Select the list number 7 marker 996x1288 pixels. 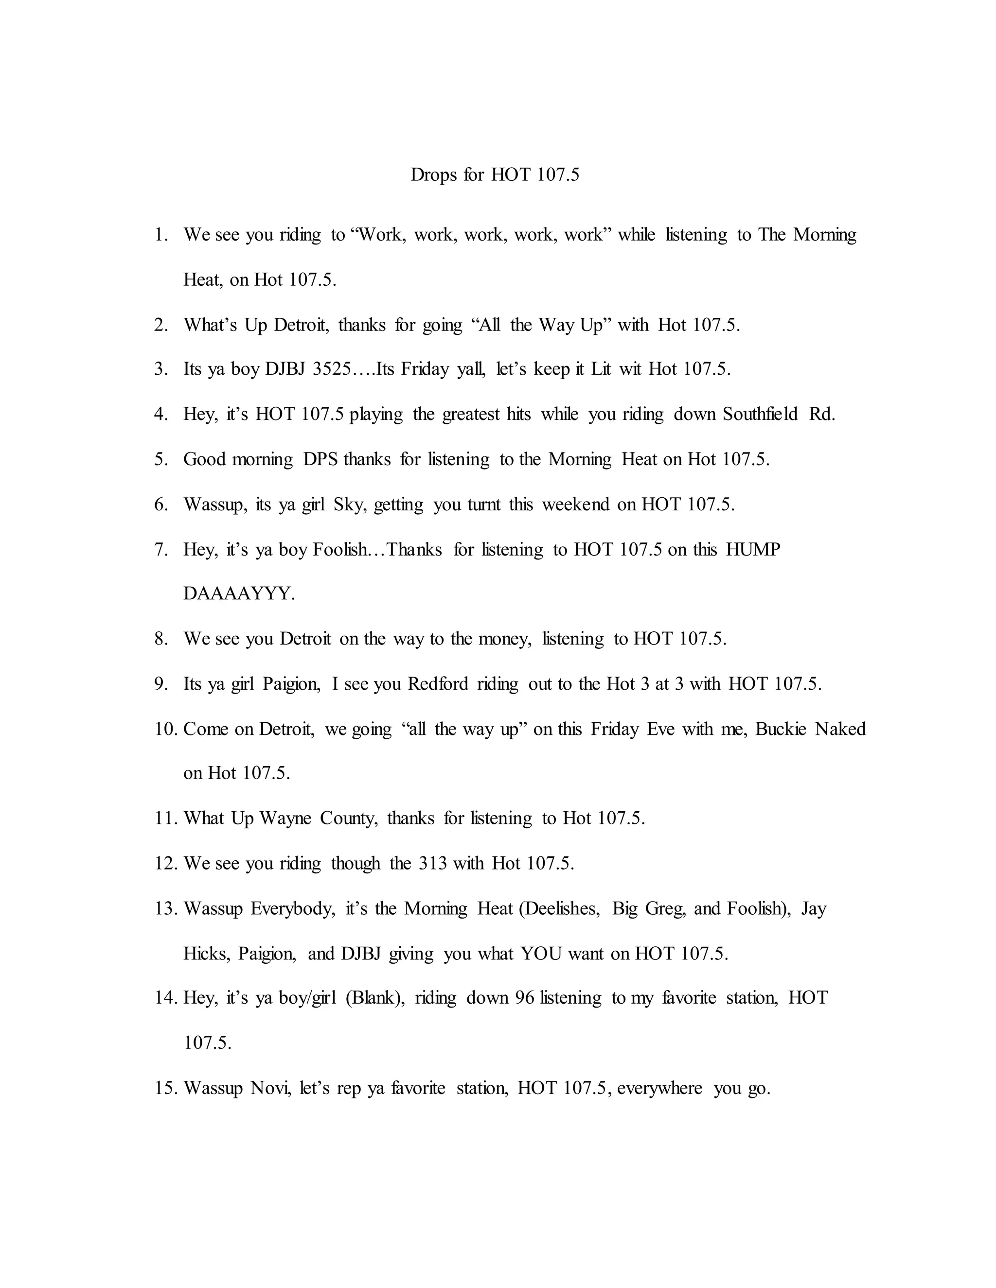point(161,550)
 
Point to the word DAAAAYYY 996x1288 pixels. point(239,594)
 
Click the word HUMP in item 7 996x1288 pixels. point(753,550)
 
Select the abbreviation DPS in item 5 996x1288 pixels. point(320,459)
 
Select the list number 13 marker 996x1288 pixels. point(165,909)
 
